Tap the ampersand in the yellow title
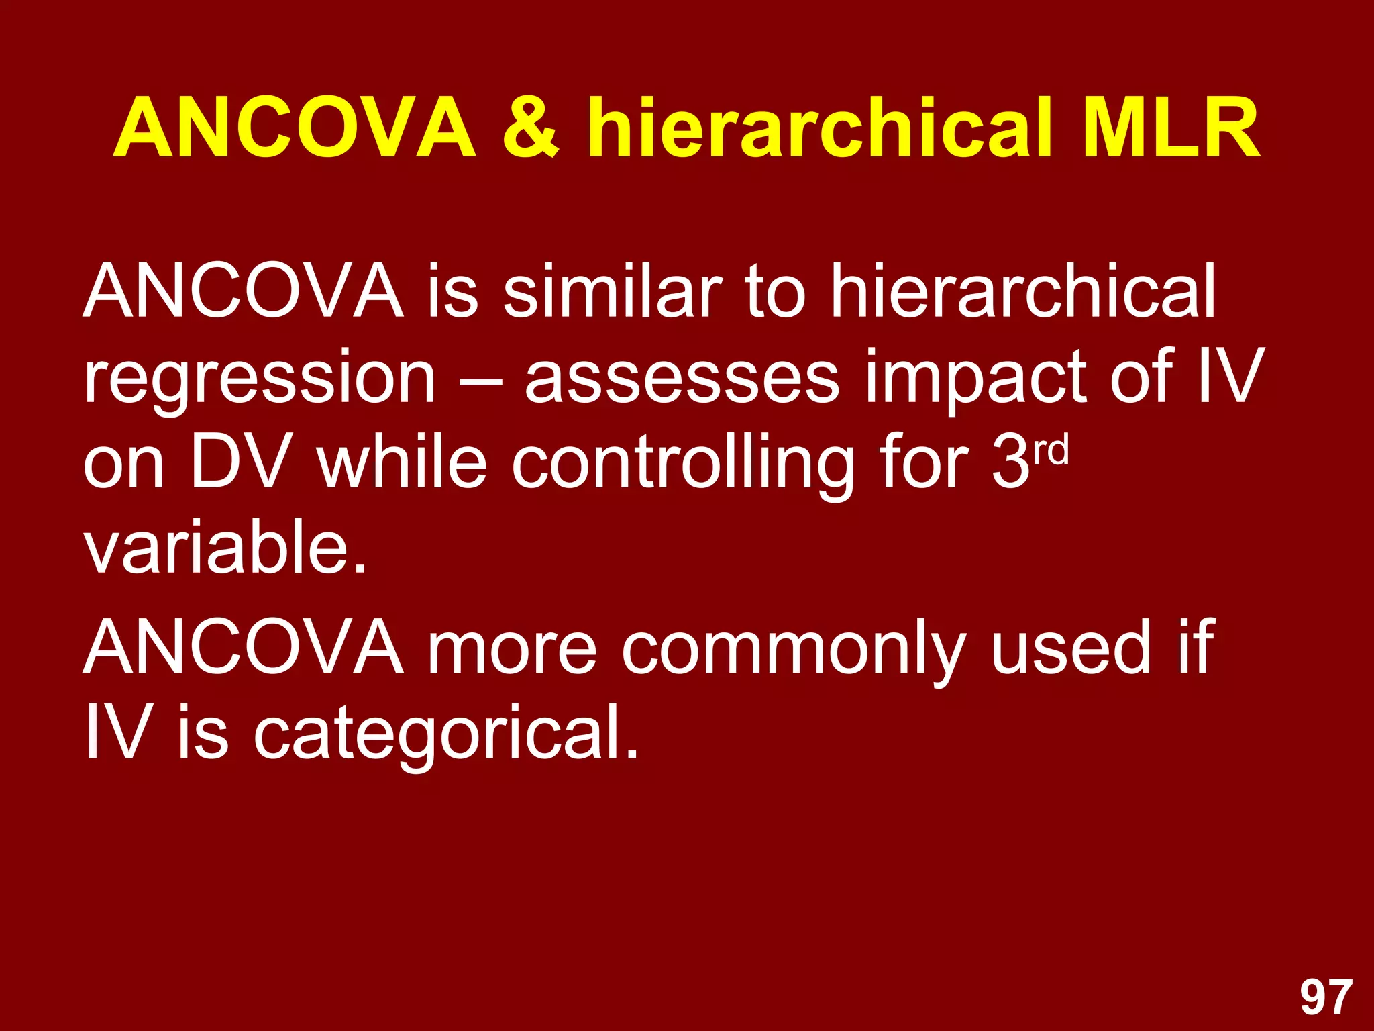531,128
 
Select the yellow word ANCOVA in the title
295,128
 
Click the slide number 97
1326,998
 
